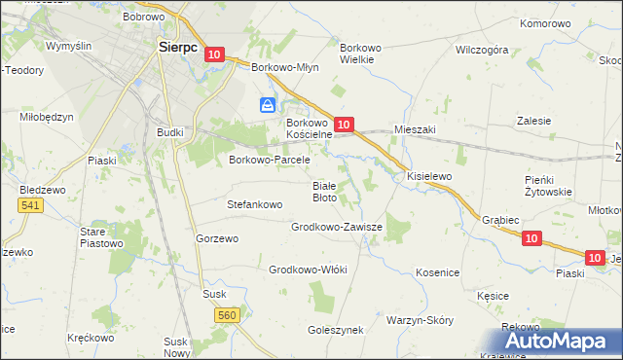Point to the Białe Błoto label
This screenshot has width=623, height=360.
point(324,192)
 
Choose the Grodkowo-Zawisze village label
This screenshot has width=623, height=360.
point(337,227)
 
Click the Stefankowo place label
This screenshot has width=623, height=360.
point(254,205)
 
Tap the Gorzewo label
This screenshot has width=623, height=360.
point(217,238)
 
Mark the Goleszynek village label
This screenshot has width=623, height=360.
point(336,330)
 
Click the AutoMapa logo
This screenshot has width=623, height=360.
point(563,342)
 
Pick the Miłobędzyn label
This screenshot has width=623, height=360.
point(47,117)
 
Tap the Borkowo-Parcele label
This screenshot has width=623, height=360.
point(269,160)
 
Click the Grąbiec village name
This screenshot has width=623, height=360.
point(499,220)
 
